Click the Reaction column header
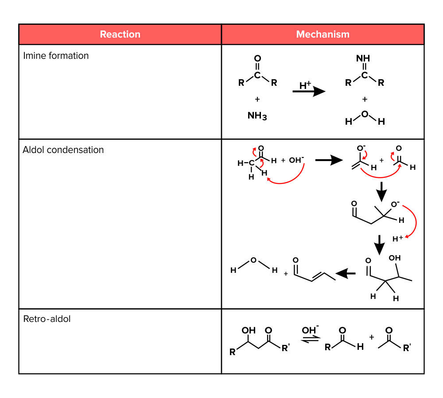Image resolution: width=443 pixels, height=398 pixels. (x=120, y=34)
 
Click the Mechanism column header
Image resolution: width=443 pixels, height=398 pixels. (x=323, y=34)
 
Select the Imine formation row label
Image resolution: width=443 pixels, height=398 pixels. (x=56, y=56)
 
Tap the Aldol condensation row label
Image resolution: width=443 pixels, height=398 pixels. (x=63, y=150)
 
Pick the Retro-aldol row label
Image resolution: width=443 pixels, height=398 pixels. (x=47, y=319)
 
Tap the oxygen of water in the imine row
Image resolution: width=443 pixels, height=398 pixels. (x=365, y=114)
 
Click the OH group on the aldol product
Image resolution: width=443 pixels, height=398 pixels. (x=394, y=258)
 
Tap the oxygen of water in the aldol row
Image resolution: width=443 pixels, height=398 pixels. (x=253, y=260)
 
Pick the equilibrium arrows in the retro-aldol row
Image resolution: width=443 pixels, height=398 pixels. (x=310, y=340)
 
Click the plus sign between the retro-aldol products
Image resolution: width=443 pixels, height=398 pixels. (x=371, y=337)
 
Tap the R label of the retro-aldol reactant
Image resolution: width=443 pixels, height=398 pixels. (x=232, y=352)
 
